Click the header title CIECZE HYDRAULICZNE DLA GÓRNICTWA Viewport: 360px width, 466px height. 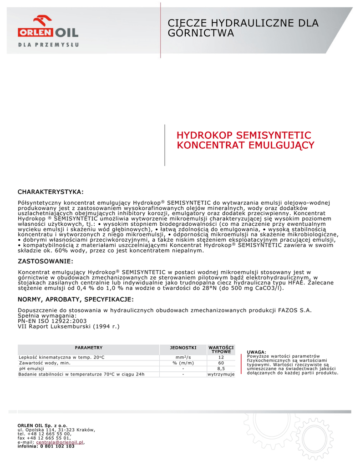(x=243, y=28)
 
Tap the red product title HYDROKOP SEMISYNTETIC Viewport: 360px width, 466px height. (x=244, y=135)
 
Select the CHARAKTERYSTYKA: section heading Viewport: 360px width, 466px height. (x=51, y=192)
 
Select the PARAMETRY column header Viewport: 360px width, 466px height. (x=88, y=347)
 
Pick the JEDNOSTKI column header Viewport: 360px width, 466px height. (x=183, y=347)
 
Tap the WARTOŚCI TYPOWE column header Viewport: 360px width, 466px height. (x=221, y=349)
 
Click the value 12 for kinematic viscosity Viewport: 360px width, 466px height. (x=221, y=357)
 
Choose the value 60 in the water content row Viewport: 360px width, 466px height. (x=221, y=363)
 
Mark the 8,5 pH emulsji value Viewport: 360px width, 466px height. (x=221, y=369)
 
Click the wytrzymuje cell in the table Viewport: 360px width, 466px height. (x=221, y=375)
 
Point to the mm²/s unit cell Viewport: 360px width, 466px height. (x=183, y=357)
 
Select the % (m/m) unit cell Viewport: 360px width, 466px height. (x=183, y=363)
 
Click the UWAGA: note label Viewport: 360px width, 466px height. (x=256, y=352)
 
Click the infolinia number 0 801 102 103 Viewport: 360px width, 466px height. (x=57, y=446)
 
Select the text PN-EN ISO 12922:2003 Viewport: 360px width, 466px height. (x=52, y=321)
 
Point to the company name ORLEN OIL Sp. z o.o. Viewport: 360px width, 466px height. (x=42, y=425)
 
